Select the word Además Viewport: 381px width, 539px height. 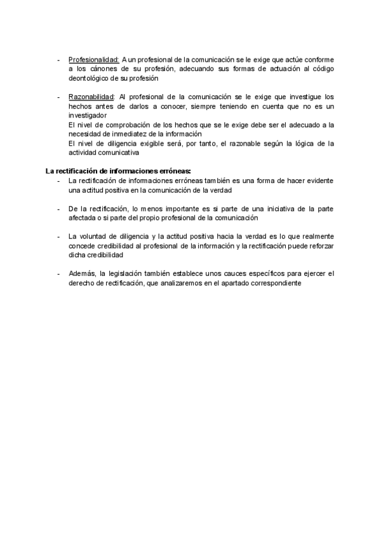[82, 273]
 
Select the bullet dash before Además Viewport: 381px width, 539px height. [58, 273]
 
